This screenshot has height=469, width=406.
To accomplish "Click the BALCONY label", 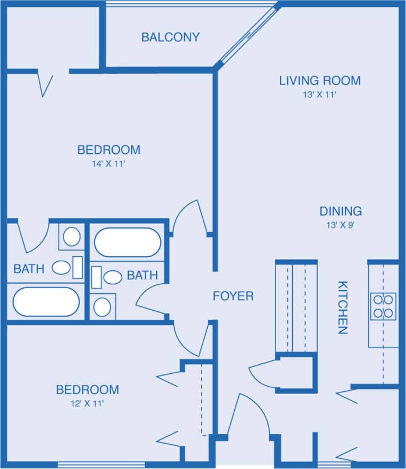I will pos(170,38).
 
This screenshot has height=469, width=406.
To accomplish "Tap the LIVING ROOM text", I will pos(319,81).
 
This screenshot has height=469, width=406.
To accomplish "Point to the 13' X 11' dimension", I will pos(319,95).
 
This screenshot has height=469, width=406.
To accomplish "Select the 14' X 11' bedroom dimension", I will pos(109,164).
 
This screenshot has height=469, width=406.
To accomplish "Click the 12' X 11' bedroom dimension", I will pos(87,403).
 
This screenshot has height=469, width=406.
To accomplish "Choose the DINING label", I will pos(341,212).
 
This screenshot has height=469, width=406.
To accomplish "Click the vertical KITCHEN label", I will pos(342,307).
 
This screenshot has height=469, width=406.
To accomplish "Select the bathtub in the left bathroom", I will pos(46,302).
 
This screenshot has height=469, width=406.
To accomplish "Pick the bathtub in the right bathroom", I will pos(127,242).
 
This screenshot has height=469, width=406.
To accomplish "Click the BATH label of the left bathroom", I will pos(29,269).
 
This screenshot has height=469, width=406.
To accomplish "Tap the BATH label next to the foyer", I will pos(142,275).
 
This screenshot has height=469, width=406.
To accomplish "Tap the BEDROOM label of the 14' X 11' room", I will pos(109,150).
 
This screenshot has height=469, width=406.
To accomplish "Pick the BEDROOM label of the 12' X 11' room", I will pos(87,390).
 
